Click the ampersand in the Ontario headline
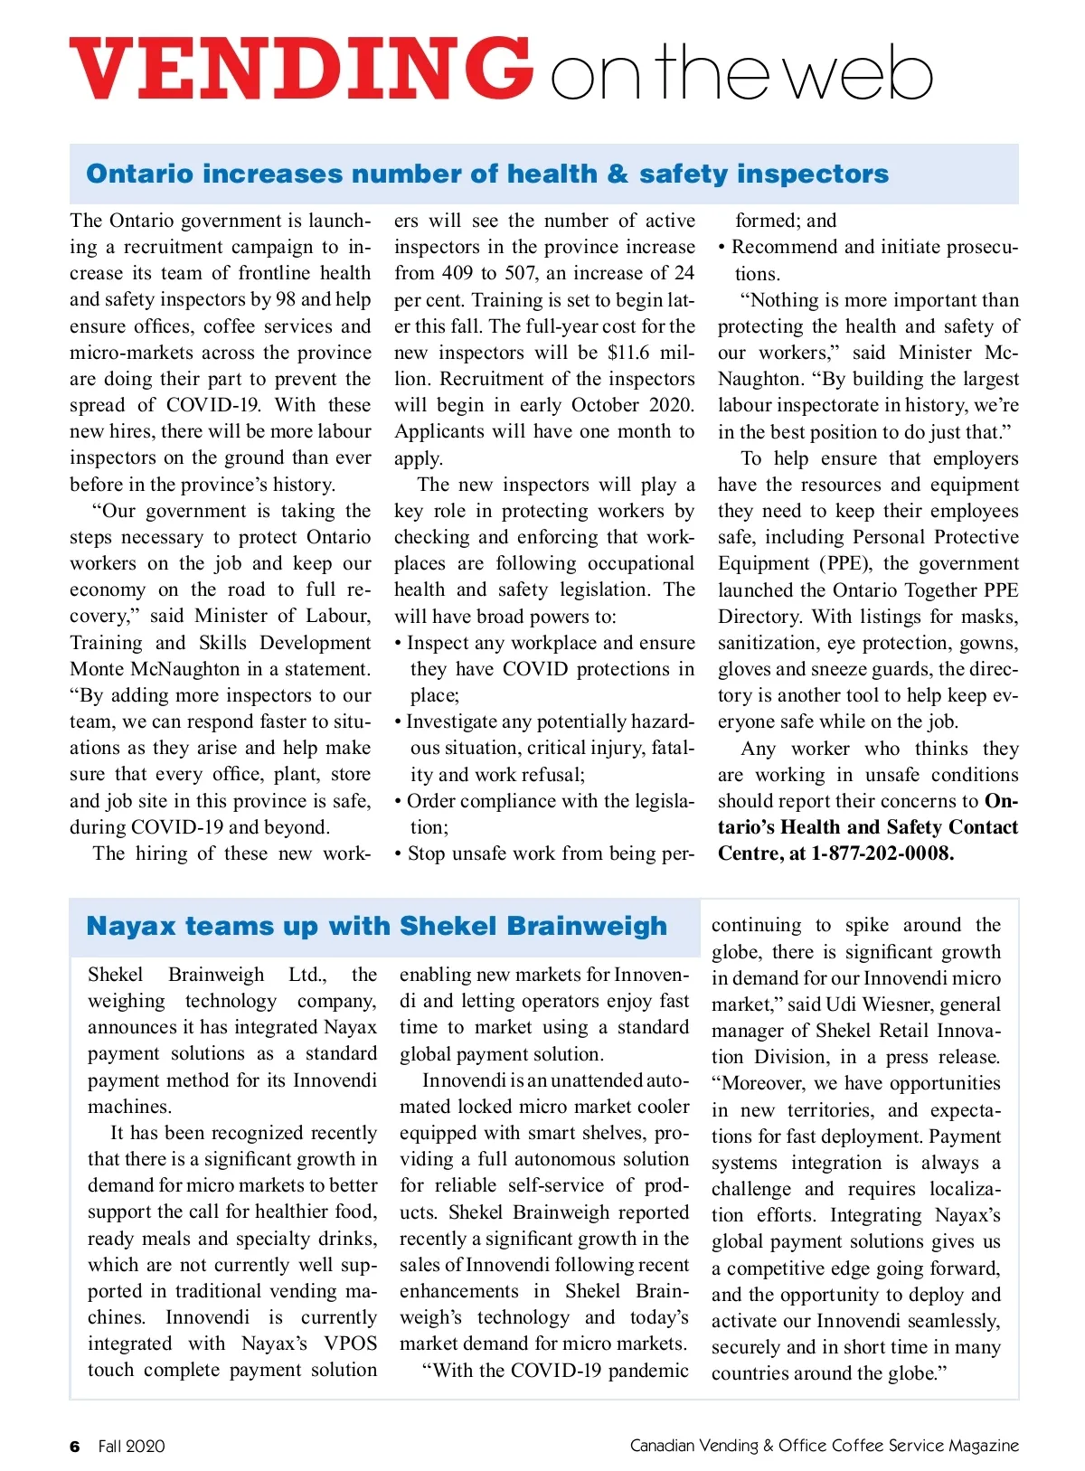618,174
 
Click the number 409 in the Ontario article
458,273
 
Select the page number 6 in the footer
75,1446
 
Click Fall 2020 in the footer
131,1446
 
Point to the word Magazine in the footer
983,1446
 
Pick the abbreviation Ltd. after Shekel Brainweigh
307,975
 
